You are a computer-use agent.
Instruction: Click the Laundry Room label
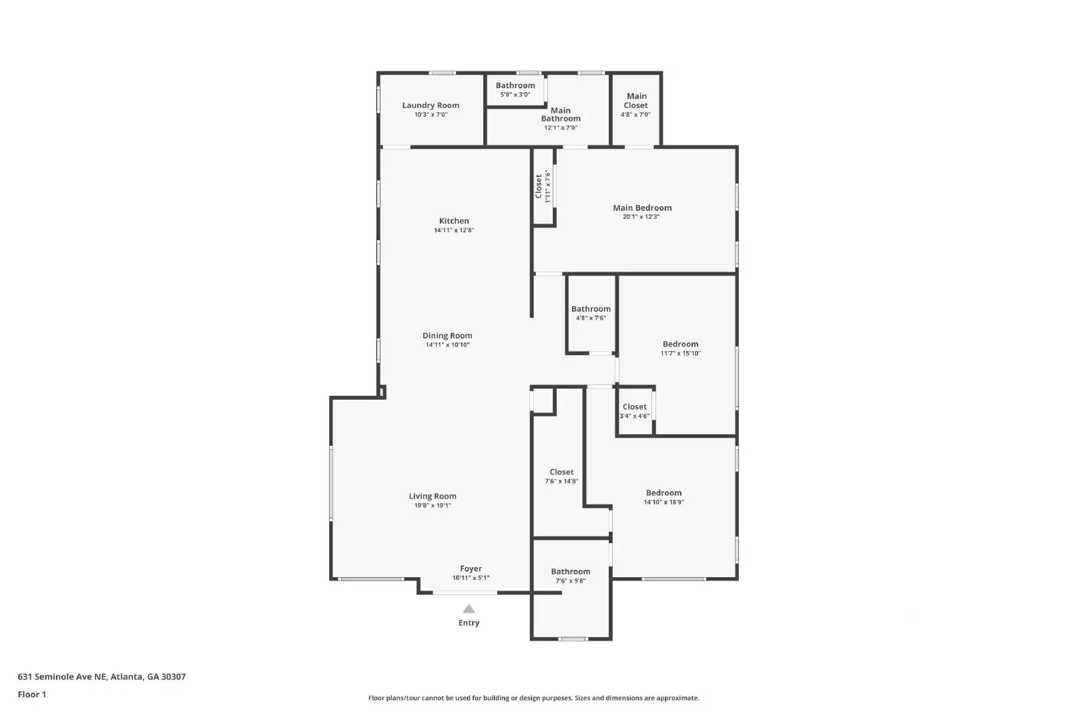point(431,105)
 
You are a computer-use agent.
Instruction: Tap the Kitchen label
point(454,221)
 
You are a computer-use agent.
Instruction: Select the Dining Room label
point(447,336)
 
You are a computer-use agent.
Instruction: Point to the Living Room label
point(433,496)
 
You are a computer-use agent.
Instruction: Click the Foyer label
point(471,569)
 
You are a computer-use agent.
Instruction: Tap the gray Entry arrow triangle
point(469,609)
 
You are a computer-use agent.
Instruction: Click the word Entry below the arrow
point(469,623)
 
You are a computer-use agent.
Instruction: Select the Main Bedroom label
point(642,208)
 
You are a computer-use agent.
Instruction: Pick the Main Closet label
point(636,101)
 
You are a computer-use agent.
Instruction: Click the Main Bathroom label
point(561,115)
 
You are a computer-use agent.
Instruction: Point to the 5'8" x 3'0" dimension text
point(515,95)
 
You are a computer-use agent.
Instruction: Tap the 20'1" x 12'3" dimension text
point(641,217)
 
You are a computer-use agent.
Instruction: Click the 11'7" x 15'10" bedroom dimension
point(680,354)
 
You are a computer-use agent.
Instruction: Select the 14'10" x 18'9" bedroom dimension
point(663,502)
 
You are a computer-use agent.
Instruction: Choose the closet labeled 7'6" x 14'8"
point(561,476)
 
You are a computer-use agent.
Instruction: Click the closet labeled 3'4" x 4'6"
point(634,411)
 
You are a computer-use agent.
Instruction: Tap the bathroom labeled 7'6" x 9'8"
point(571,575)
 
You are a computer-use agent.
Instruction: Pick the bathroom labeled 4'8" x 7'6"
point(591,313)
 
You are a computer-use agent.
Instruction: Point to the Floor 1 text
point(32,695)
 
